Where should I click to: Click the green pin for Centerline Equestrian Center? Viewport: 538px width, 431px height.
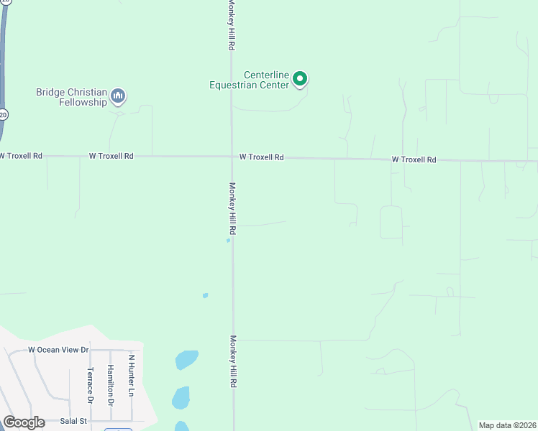[301, 79]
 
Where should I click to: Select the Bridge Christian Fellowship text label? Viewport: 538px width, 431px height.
[72, 97]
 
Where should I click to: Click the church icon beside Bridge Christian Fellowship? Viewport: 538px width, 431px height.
[119, 96]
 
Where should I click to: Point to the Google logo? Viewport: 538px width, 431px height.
[24, 422]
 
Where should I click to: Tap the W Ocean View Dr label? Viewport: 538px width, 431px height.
[58, 350]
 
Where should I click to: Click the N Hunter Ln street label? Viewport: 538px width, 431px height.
[131, 375]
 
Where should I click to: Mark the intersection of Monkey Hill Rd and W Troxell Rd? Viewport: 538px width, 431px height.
[232, 156]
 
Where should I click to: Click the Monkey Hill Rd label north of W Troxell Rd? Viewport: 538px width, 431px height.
[232, 25]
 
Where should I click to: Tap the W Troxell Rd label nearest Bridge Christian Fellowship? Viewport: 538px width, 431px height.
[111, 155]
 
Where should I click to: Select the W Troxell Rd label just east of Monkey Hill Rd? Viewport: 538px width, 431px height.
[262, 157]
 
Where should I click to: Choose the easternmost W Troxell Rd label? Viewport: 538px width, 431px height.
[414, 159]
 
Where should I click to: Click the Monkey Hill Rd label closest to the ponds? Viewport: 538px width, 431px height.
[233, 361]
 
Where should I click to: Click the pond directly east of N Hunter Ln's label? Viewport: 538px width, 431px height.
[186, 359]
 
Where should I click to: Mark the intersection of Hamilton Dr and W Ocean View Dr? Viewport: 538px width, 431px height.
[110, 351]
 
